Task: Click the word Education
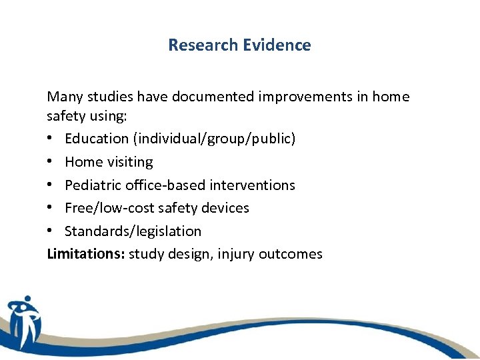click(97, 139)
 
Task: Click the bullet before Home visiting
click(51, 162)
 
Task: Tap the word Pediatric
click(93, 185)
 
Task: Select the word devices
click(224, 208)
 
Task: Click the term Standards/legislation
click(133, 231)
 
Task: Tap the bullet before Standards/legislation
click(51, 231)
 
